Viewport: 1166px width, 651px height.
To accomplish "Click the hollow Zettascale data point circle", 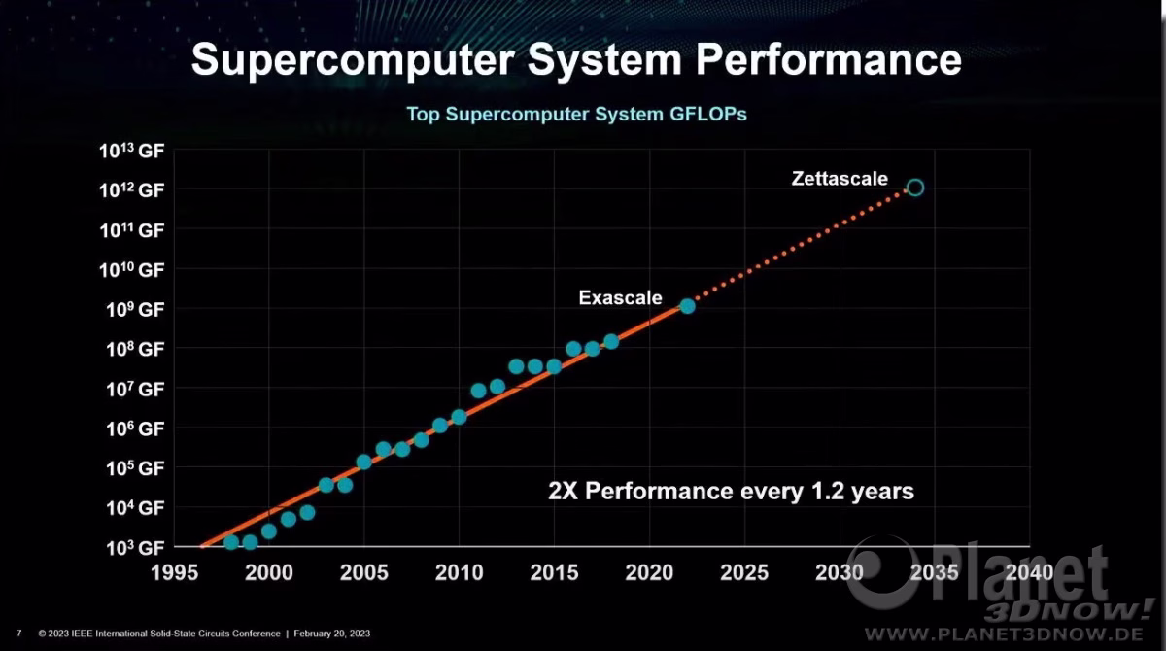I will tap(914, 188).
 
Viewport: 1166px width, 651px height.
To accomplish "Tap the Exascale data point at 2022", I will tap(687, 306).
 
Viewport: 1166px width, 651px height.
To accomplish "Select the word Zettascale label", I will tap(840, 178).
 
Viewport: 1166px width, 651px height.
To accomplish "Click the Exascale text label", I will tap(620, 297).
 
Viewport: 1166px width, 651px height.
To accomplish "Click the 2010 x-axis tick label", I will tap(459, 572).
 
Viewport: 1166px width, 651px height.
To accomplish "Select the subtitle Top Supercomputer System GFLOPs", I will tap(576, 114).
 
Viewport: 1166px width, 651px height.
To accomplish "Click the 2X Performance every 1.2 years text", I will tap(731, 491).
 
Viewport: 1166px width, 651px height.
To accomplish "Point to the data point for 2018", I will tap(611, 341).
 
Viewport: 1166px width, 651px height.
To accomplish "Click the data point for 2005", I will tap(364, 462).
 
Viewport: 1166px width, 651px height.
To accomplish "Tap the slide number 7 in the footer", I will tap(18, 634).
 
